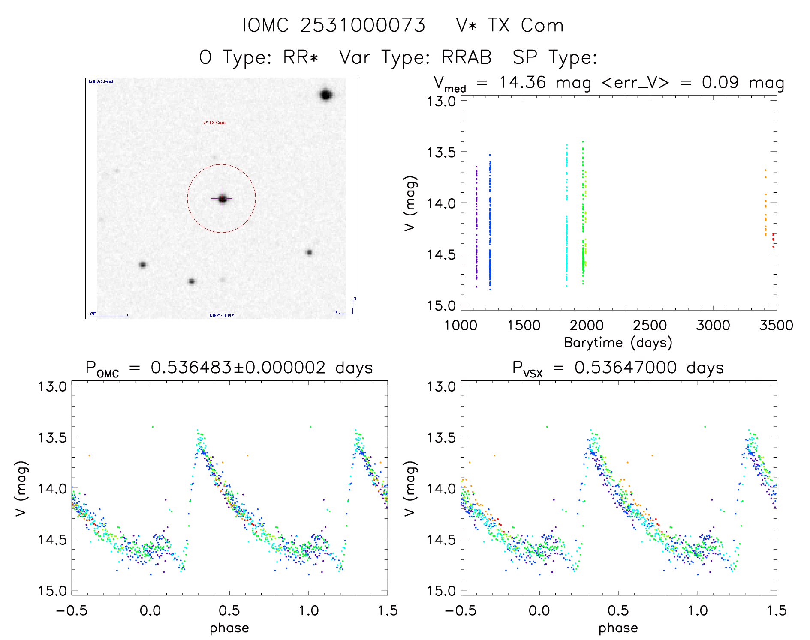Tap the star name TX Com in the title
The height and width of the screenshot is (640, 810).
click(x=525, y=25)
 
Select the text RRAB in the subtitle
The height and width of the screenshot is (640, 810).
click(x=467, y=57)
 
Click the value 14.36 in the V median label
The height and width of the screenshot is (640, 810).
click(x=522, y=82)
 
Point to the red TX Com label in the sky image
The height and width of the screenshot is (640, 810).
click(x=214, y=123)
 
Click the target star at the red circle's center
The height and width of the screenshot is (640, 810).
click(x=222, y=199)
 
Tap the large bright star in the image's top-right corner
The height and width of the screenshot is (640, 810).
click(x=326, y=95)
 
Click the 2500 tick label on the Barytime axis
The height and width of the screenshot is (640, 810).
click(x=650, y=326)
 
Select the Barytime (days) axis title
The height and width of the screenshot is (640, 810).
click(x=618, y=343)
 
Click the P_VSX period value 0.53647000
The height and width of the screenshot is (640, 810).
click(x=626, y=368)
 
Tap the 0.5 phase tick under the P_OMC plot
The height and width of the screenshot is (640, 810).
click(x=229, y=610)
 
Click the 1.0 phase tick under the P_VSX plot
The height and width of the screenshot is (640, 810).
click(x=698, y=610)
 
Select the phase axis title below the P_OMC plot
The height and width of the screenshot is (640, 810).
click(x=229, y=628)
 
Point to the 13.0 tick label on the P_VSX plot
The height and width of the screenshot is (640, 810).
click(x=441, y=386)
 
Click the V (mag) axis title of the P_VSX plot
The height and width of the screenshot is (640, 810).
click(x=410, y=488)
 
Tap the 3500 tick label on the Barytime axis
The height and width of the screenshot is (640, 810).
click(x=776, y=326)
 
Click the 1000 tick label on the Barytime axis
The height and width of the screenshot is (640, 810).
click(x=461, y=326)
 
